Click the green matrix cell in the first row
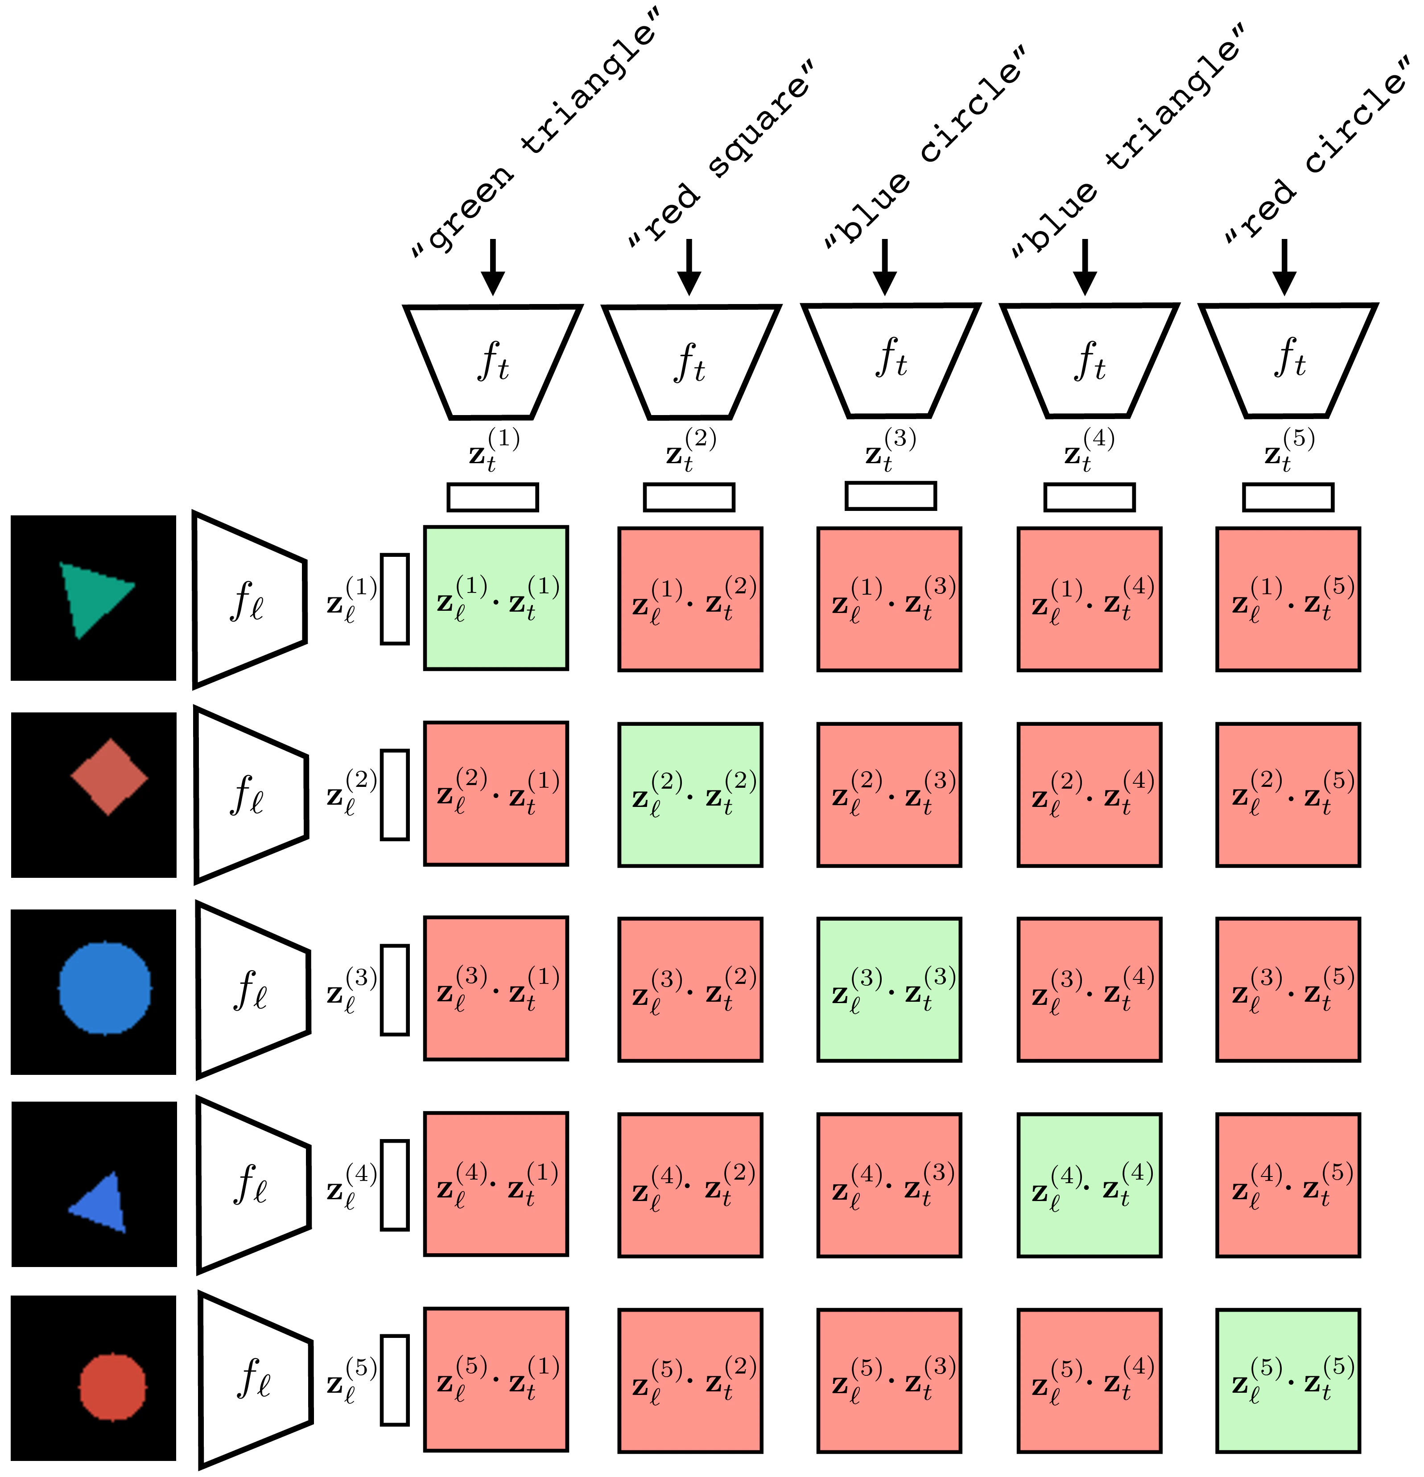click(x=495, y=597)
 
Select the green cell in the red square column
click(x=690, y=794)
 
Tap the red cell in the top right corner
click(x=1288, y=599)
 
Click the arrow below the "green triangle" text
click(x=492, y=267)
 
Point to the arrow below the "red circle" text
click(x=1284, y=267)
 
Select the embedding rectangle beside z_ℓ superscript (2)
click(x=394, y=794)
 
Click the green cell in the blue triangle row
click(x=1089, y=1185)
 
